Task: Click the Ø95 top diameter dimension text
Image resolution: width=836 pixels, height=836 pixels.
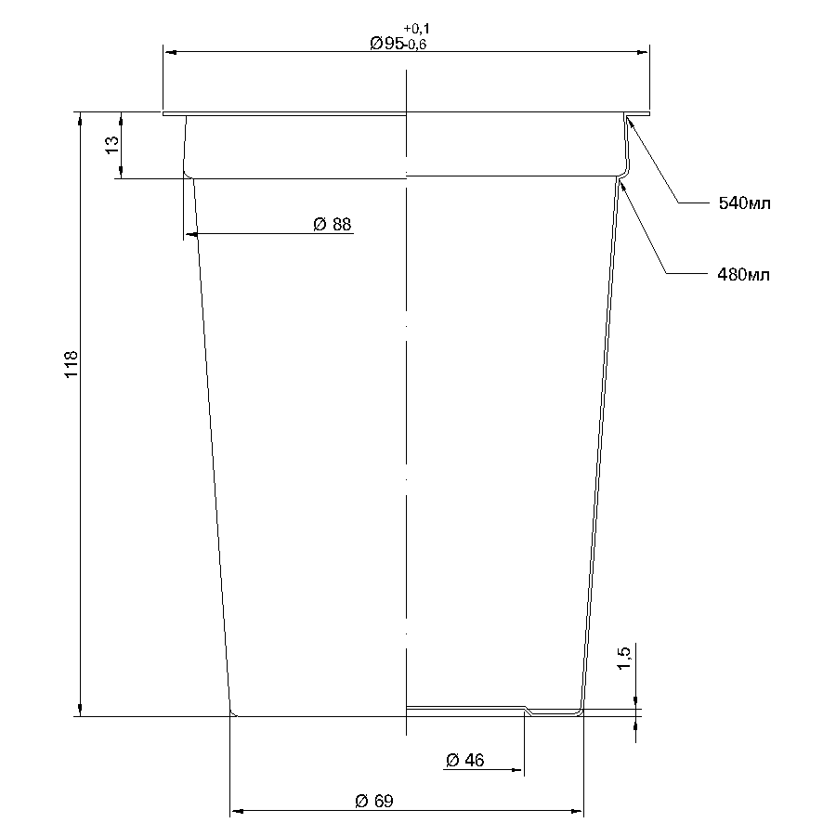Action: pyautogui.click(x=387, y=43)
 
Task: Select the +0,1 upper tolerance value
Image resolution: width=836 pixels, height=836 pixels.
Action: pyautogui.click(x=416, y=28)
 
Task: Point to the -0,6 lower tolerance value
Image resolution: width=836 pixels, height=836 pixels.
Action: pyautogui.click(x=415, y=45)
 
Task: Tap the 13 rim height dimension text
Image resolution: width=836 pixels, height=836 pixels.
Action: pyautogui.click(x=112, y=145)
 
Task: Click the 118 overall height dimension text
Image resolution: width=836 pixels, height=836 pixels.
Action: pyautogui.click(x=71, y=364)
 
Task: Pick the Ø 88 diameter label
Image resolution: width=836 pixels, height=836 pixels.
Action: pyautogui.click(x=333, y=225)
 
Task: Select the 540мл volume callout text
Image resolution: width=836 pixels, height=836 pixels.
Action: pyautogui.click(x=744, y=203)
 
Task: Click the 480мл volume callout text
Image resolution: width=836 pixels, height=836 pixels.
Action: pyautogui.click(x=743, y=275)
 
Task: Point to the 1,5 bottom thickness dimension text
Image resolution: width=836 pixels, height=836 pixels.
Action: pyautogui.click(x=623, y=658)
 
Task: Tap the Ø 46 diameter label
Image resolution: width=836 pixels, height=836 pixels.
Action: pyautogui.click(x=465, y=760)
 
